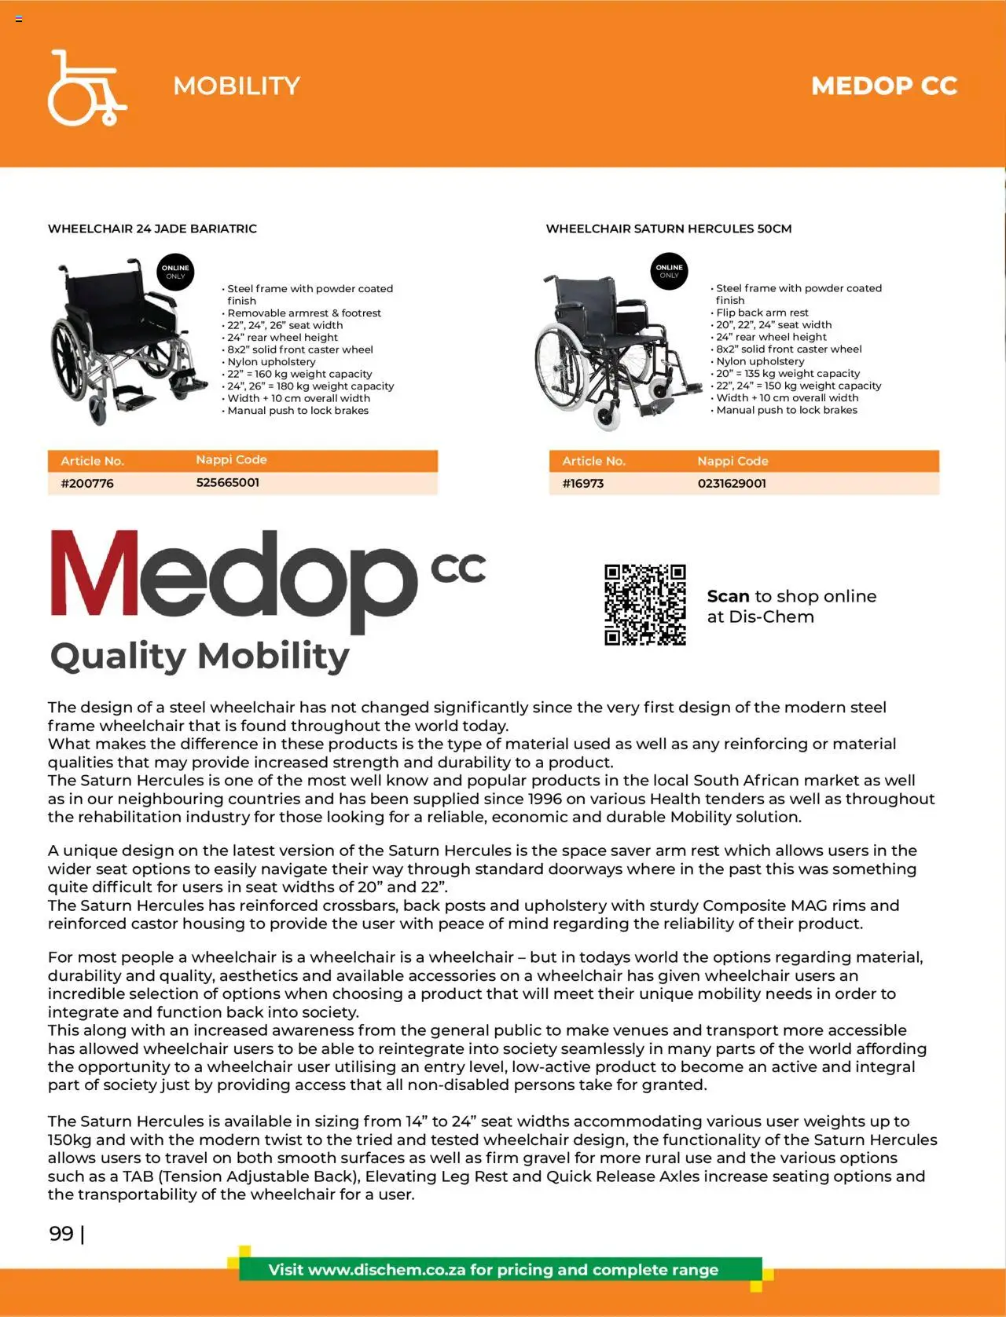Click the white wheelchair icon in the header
[x=86, y=88]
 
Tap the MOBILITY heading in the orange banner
[x=237, y=86]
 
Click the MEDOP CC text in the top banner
[x=883, y=86]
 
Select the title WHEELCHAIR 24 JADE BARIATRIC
[x=152, y=229]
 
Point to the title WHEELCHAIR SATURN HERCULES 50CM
[x=668, y=229]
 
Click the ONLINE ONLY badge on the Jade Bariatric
[x=175, y=272]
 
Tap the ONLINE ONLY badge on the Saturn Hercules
[x=669, y=271]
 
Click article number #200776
[x=87, y=483]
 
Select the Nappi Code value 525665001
[x=227, y=482]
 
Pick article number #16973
[x=582, y=483]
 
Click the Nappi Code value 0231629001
[x=731, y=483]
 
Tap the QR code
[x=644, y=605]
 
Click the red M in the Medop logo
[x=94, y=573]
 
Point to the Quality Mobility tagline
[x=200, y=656]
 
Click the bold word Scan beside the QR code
[x=728, y=596]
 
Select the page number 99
[x=61, y=1233]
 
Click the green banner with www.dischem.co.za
[x=494, y=1269]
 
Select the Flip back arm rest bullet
[x=762, y=313]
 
